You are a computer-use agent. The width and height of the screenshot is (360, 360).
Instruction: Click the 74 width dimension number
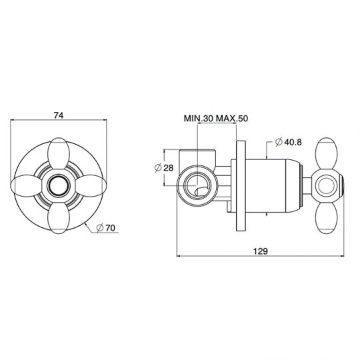[59, 115]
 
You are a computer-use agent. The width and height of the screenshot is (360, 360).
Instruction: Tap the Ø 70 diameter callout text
[106, 228]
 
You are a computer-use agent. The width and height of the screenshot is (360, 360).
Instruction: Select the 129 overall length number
[261, 251]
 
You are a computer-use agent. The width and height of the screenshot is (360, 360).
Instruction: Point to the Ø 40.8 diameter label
[289, 142]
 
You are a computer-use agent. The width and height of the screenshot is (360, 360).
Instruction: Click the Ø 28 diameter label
[164, 168]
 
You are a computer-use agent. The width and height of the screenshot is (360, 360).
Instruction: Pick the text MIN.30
[199, 119]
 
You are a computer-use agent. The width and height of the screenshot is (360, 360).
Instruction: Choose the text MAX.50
[232, 119]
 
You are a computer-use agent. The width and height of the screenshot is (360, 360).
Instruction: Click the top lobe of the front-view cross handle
[59, 153]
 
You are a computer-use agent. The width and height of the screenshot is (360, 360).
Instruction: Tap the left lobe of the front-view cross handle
[27, 185]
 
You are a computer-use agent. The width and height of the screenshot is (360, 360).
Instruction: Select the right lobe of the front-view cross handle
[91, 185]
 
